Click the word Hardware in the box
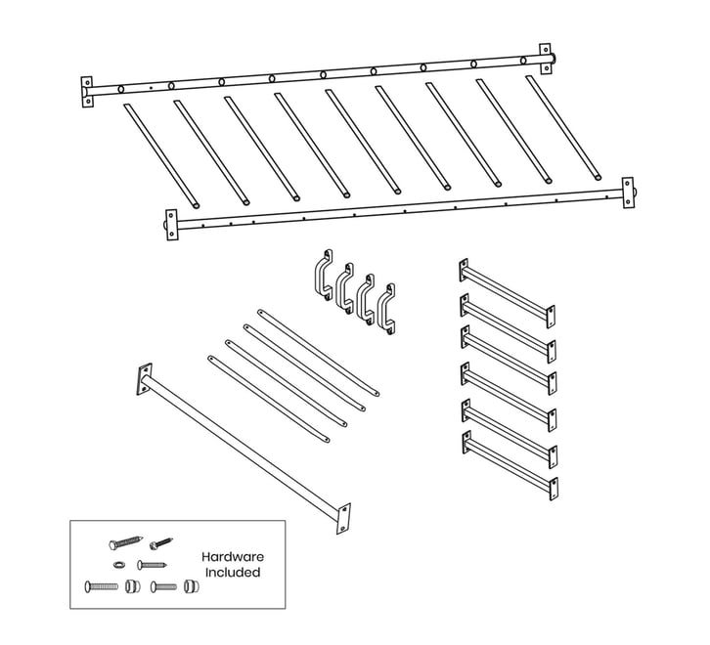pos(233,557)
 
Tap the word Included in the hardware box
pos(233,572)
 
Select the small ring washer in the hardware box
pos(119,565)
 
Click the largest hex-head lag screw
pos(126,542)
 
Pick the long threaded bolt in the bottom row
pos(101,586)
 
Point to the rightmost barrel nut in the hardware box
pos(192,586)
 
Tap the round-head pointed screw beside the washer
pos(153,565)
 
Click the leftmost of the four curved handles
pos(324,274)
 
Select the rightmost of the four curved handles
pos(385,309)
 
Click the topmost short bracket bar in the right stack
pos(508,293)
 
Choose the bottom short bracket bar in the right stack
pos(510,466)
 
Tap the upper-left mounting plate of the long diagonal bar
pos(145,379)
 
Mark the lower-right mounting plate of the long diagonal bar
pos(343,518)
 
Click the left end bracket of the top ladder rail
pos(87,92)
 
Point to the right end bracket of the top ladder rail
pos(545,59)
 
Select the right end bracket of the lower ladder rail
pos(628,193)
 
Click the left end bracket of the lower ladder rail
pos(171,225)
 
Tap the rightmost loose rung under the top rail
pos(563,128)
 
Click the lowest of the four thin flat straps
pos(269,399)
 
